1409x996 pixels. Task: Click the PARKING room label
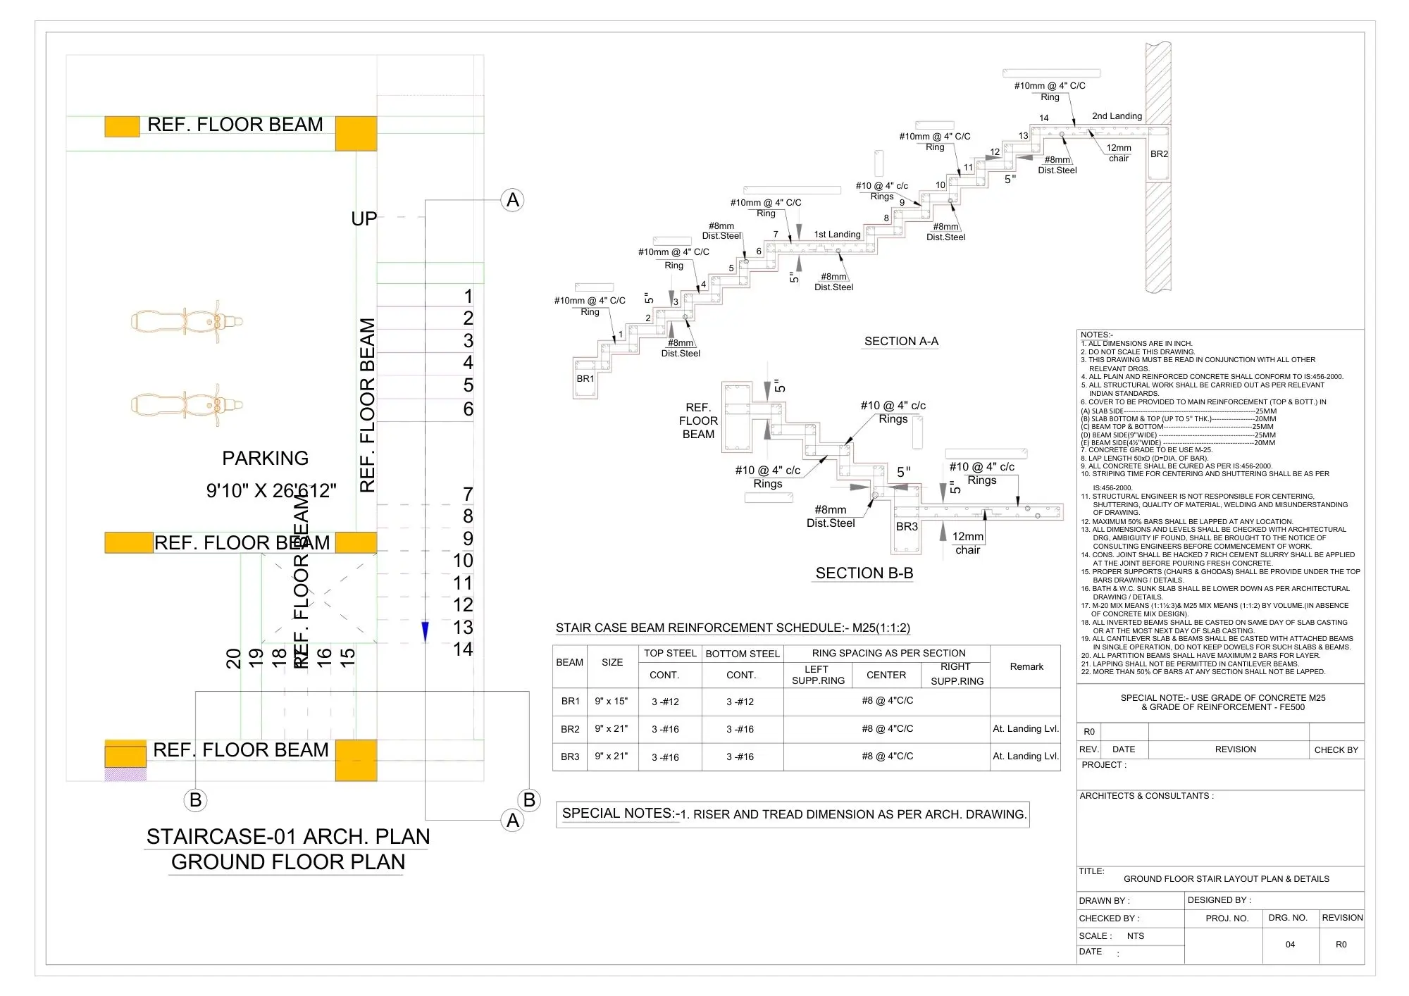point(265,459)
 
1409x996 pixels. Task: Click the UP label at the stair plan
point(364,219)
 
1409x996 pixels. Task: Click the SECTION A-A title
point(901,342)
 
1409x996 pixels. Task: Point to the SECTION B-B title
point(864,573)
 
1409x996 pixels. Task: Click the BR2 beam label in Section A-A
point(1159,154)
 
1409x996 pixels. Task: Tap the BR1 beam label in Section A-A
point(585,379)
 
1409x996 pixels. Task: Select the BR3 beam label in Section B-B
point(907,527)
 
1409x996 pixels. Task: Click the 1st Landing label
point(837,235)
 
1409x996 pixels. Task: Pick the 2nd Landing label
point(1117,116)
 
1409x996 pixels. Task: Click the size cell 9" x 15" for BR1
point(612,702)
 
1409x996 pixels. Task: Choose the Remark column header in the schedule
point(1026,666)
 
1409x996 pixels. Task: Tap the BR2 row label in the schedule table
point(570,729)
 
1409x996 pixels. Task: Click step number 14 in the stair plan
point(463,649)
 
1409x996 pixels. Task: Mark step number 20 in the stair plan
point(234,659)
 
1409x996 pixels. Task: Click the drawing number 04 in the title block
point(1290,945)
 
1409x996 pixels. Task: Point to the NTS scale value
point(1136,936)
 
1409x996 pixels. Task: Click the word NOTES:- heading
point(1096,335)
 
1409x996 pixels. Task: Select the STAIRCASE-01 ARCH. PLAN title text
point(287,837)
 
